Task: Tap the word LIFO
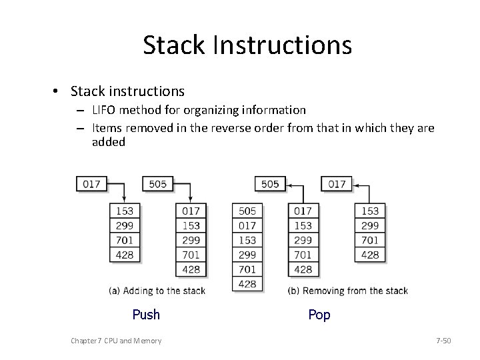coord(105,109)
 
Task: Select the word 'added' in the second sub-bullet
coord(109,142)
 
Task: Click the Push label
coord(146,314)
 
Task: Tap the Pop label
coord(319,314)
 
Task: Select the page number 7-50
coord(443,341)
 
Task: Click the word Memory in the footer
coord(147,341)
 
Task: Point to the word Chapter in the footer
coord(84,341)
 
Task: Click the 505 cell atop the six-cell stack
coord(247,211)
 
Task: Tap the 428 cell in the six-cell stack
coord(247,283)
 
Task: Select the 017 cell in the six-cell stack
coord(247,226)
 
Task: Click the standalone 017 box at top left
coord(91,183)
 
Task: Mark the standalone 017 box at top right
coord(337,183)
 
